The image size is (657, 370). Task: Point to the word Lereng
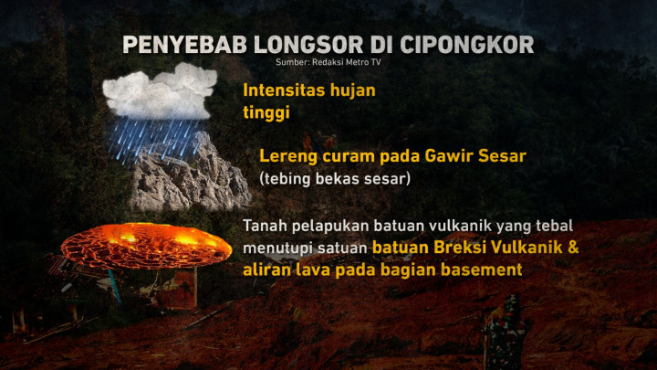287,156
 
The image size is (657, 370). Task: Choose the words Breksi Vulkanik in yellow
492,247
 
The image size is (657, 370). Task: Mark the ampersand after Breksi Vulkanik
572,247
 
